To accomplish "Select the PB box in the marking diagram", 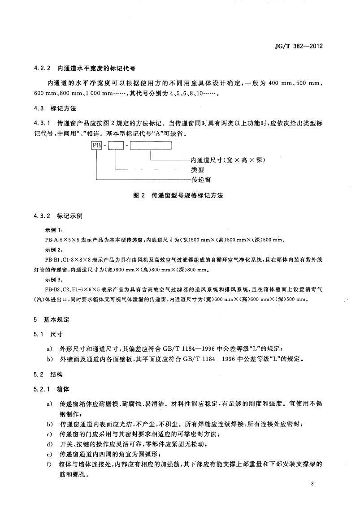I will [97, 146].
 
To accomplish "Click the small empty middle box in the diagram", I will [116, 146].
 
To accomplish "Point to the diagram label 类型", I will [197, 170].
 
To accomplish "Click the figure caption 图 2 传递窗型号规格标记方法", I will [178, 196].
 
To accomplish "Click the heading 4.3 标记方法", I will [53, 109].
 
